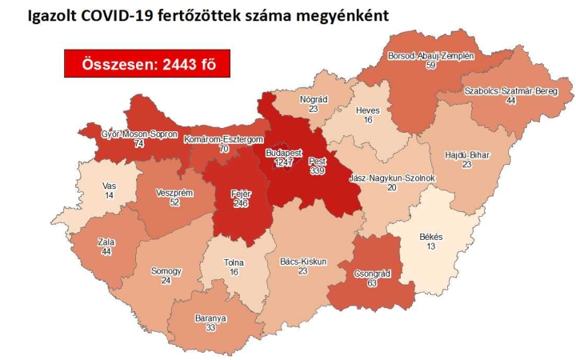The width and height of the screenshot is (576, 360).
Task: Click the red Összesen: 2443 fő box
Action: click(147, 64)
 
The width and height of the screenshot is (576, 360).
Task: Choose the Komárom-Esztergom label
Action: click(218, 139)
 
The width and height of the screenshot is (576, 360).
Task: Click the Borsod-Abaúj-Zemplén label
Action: click(431, 57)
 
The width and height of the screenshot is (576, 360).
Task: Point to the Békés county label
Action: click(430, 237)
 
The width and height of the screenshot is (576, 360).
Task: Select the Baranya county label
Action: click(210, 318)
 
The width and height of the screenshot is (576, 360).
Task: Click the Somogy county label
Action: click(166, 270)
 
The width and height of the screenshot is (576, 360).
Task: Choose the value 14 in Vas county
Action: click(110, 195)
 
